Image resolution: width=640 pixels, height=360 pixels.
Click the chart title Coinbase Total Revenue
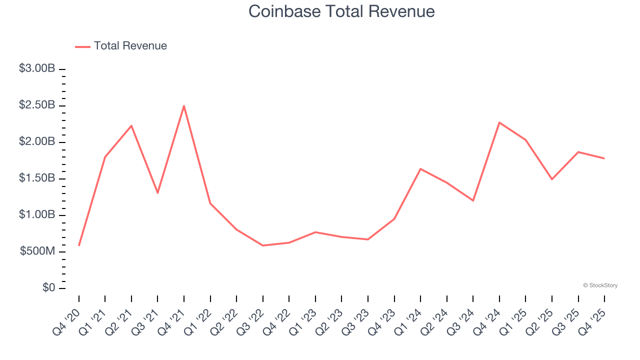(x=341, y=11)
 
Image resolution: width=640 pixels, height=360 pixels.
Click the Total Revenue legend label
(x=130, y=46)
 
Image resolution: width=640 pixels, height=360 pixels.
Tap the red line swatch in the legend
(x=82, y=46)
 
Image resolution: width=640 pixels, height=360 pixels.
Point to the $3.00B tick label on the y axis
(x=37, y=68)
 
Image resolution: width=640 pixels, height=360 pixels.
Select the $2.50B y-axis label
(x=37, y=105)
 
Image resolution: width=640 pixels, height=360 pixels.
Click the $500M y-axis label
(x=37, y=251)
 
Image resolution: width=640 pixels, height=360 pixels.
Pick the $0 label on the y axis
(x=48, y=288)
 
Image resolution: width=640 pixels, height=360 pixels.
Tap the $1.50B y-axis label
(x=37, y=178)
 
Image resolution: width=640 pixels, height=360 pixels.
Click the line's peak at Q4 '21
(x=184, y=105)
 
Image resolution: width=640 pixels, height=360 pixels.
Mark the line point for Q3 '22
(x=263, y=245)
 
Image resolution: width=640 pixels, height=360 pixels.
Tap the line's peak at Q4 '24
(x=499, y=122)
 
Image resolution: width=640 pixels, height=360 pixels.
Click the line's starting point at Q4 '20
(x=79, y=245)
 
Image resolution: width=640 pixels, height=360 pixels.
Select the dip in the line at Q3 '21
(x=157, y=192)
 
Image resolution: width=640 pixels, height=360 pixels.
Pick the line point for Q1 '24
(x=420, y=169)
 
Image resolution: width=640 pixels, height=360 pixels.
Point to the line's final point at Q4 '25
(x=604, y=158)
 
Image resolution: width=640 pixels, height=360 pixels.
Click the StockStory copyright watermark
(x=600, y=285)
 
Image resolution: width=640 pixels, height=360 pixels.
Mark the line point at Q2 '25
(x=552, y=179)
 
